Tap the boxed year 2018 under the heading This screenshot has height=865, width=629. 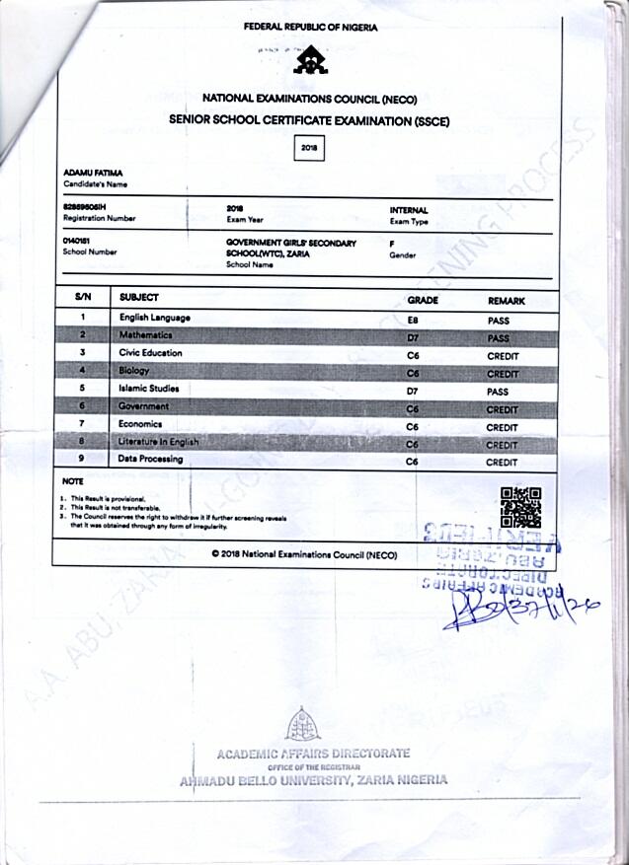tap(309, 147)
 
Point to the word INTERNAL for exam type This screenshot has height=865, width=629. tap(409, 210)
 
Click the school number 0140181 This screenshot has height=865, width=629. tap(76, 242)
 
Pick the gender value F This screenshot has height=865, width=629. tap(392, 243)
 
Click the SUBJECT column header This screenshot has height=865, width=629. tap(138, 297)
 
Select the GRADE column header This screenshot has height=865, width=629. tap(423, 299)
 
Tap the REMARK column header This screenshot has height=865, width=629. tap(507, 299)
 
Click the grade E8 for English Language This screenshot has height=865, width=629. tap(414, 320)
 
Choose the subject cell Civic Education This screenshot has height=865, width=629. tap(151, 353)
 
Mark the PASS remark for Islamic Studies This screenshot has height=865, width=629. tap(498, 391)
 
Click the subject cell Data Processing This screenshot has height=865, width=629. tap(151, 460)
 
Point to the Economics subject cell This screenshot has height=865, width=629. tap(141, 424)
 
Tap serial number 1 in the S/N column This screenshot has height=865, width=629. tap(84, 317)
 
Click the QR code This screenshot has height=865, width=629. tap(520, 507)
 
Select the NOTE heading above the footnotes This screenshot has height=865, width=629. tap(72, 481)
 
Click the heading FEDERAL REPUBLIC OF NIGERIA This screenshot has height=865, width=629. tap(310, 28)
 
